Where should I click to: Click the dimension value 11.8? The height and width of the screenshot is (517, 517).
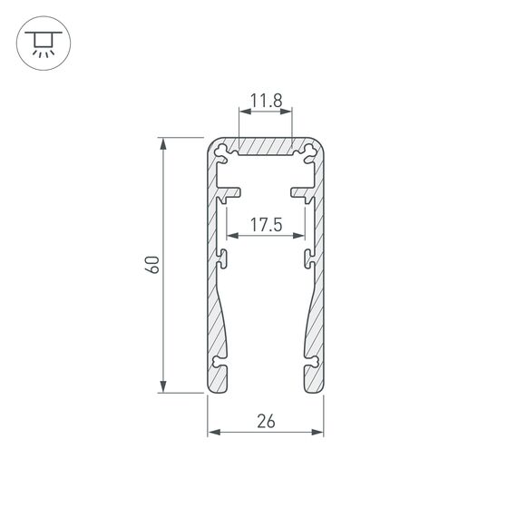(266, 102)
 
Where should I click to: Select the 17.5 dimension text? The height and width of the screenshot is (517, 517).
(266, 224)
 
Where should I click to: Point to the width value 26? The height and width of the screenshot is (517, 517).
(266, 420)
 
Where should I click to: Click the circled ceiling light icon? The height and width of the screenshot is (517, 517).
(41, 42)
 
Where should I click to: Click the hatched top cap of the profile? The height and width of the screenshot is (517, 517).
(266, 145)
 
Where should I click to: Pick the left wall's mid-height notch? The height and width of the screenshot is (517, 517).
(222, 258)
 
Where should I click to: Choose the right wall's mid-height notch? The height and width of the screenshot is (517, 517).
(310, 258)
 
